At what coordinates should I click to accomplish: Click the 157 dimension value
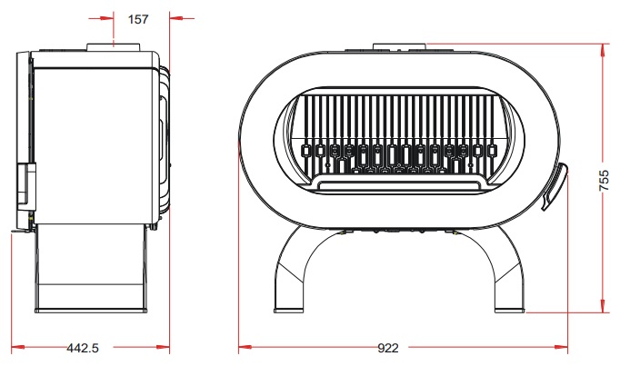click(138, 19)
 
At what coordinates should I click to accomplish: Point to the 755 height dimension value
click(604, 181)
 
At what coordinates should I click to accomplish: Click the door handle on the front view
click(555, 186)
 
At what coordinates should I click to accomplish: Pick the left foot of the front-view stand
click(289, 311)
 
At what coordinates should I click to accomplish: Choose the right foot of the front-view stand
click(510, 311)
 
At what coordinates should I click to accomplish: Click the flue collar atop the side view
click(114, 47)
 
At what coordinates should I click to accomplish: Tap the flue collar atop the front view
click(399, 47)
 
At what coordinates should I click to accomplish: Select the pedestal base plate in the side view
click(91, 311)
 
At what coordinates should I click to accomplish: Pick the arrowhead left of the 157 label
click(107, 18)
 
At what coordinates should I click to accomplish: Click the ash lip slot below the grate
click(399, 185)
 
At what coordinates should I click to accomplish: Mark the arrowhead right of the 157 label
click(176, 18)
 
